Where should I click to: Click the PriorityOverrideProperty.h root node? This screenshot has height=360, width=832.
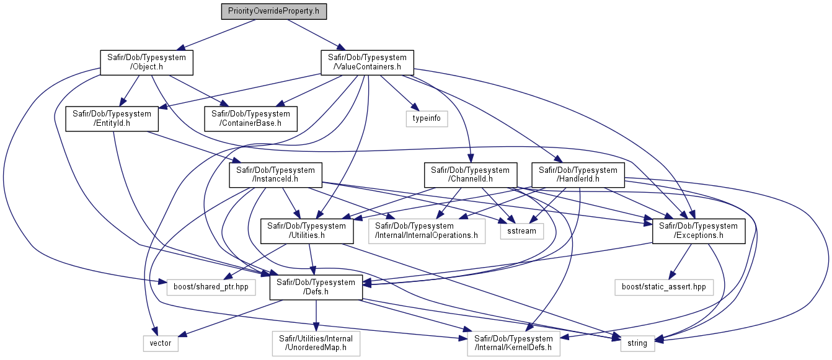274,11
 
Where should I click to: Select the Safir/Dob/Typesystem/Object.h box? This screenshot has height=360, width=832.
147,63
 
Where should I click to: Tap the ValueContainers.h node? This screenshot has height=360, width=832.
368,63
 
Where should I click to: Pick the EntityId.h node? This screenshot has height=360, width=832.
112,119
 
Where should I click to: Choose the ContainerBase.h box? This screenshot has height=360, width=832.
250,119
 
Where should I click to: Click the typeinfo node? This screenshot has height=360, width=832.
427,119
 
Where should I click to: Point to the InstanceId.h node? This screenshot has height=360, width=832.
276,175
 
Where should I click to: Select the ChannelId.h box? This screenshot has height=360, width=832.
471,175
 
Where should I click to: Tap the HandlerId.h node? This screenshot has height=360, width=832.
578,175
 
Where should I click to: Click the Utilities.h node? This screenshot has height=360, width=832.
307,231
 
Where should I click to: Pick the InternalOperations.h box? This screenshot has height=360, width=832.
427,231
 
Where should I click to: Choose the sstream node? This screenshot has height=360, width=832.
522,231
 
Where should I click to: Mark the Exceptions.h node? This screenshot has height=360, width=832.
699,231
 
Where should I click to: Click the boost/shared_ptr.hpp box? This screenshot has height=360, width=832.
211,288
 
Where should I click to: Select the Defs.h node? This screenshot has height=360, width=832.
316,288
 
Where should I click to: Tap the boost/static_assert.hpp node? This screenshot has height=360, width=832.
664,288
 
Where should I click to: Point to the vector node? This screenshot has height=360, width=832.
161,343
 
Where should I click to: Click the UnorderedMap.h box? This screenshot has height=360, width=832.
316,343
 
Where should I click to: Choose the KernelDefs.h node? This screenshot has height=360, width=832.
514,343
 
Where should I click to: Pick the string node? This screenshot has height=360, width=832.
637,343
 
